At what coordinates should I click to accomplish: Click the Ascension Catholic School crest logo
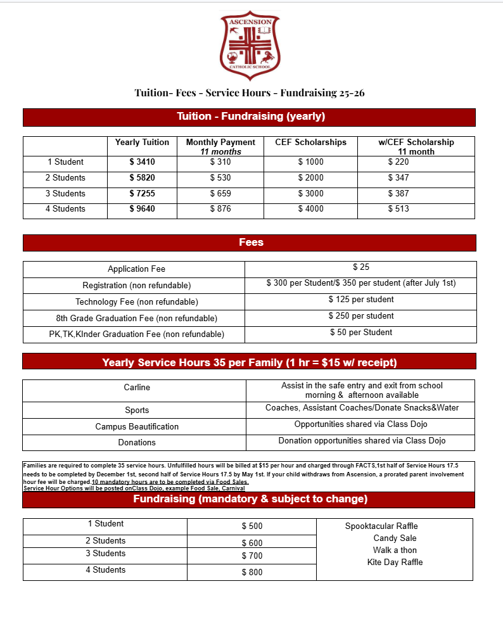pyautogui.click(x=249, y=45)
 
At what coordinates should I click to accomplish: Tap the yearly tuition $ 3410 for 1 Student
pyautogui.click(x=142, y=162)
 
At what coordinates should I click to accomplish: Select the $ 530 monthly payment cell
pyautogui.click(x=220, y=178)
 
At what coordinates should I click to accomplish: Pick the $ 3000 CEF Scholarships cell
pyautogui.click(x=310, y=194)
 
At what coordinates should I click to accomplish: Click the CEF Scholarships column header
pyautogui.click(x=310, y=143)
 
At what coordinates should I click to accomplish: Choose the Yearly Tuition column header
pyautogui.click(x=142, y=143)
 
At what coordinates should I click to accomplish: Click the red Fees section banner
pyautogui.click(x=249, y=243)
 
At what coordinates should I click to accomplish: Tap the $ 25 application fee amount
pyautogui.click(x=361, y=267)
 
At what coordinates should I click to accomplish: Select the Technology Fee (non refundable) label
pyautogui.click(x=137, y=302)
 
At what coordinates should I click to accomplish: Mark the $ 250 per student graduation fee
pyautogui.click(x=361, y=316)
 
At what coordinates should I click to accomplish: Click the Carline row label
pyautogui.click(x=137, y=387)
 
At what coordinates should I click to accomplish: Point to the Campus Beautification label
pyautogui.click(x=137, y=427)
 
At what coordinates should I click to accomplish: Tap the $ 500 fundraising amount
pyautogui.click(x=251, y=526)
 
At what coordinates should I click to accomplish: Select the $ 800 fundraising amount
pyautogui.click(x=251, y=573)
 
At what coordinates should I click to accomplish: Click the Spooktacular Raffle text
pyautogui.click(x=381, y=526)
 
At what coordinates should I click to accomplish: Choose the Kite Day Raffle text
pyautogui.click(x=395, y=563)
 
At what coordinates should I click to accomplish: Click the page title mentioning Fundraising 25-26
pyautogui.click(x=249, y=93)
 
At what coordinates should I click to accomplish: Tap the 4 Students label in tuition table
pyautogui.click(x=65, y=209)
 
